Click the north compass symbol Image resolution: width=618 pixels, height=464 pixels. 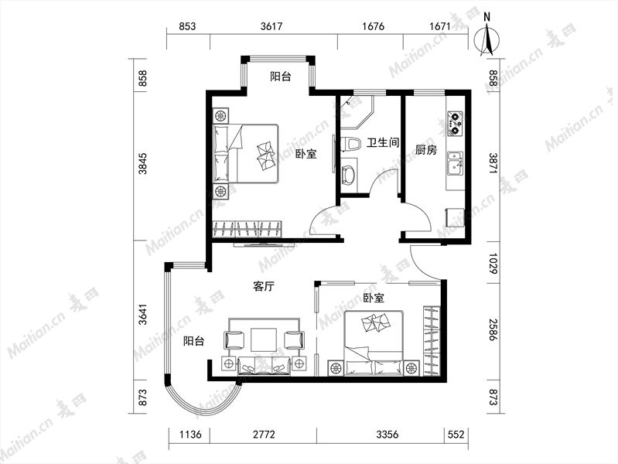click(487, 38)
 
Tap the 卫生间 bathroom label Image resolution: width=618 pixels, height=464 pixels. click(383, 142)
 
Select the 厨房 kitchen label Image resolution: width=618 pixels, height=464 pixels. click(426, 150)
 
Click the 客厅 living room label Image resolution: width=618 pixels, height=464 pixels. click(264, 286)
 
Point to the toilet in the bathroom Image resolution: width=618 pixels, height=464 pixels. click(351, 144)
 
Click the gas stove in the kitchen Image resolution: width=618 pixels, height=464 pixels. click(455, 123)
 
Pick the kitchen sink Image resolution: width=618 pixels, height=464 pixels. click(456, 164)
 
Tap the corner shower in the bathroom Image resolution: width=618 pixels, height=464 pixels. click(356, 111)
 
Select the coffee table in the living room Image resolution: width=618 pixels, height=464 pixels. click(264, 339)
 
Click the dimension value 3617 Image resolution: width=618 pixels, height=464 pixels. click(271, 26)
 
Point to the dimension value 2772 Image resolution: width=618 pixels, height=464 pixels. click(264, 435)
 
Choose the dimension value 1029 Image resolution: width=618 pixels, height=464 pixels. click(493, 264)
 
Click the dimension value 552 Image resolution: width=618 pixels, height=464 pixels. click(456, 435)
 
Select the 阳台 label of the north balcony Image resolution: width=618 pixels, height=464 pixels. click(281, 76)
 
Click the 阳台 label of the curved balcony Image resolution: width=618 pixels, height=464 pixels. click(194, 340)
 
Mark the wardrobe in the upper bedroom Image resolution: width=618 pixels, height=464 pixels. click(248, 229)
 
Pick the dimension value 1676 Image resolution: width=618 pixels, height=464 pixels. click(373, 26)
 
